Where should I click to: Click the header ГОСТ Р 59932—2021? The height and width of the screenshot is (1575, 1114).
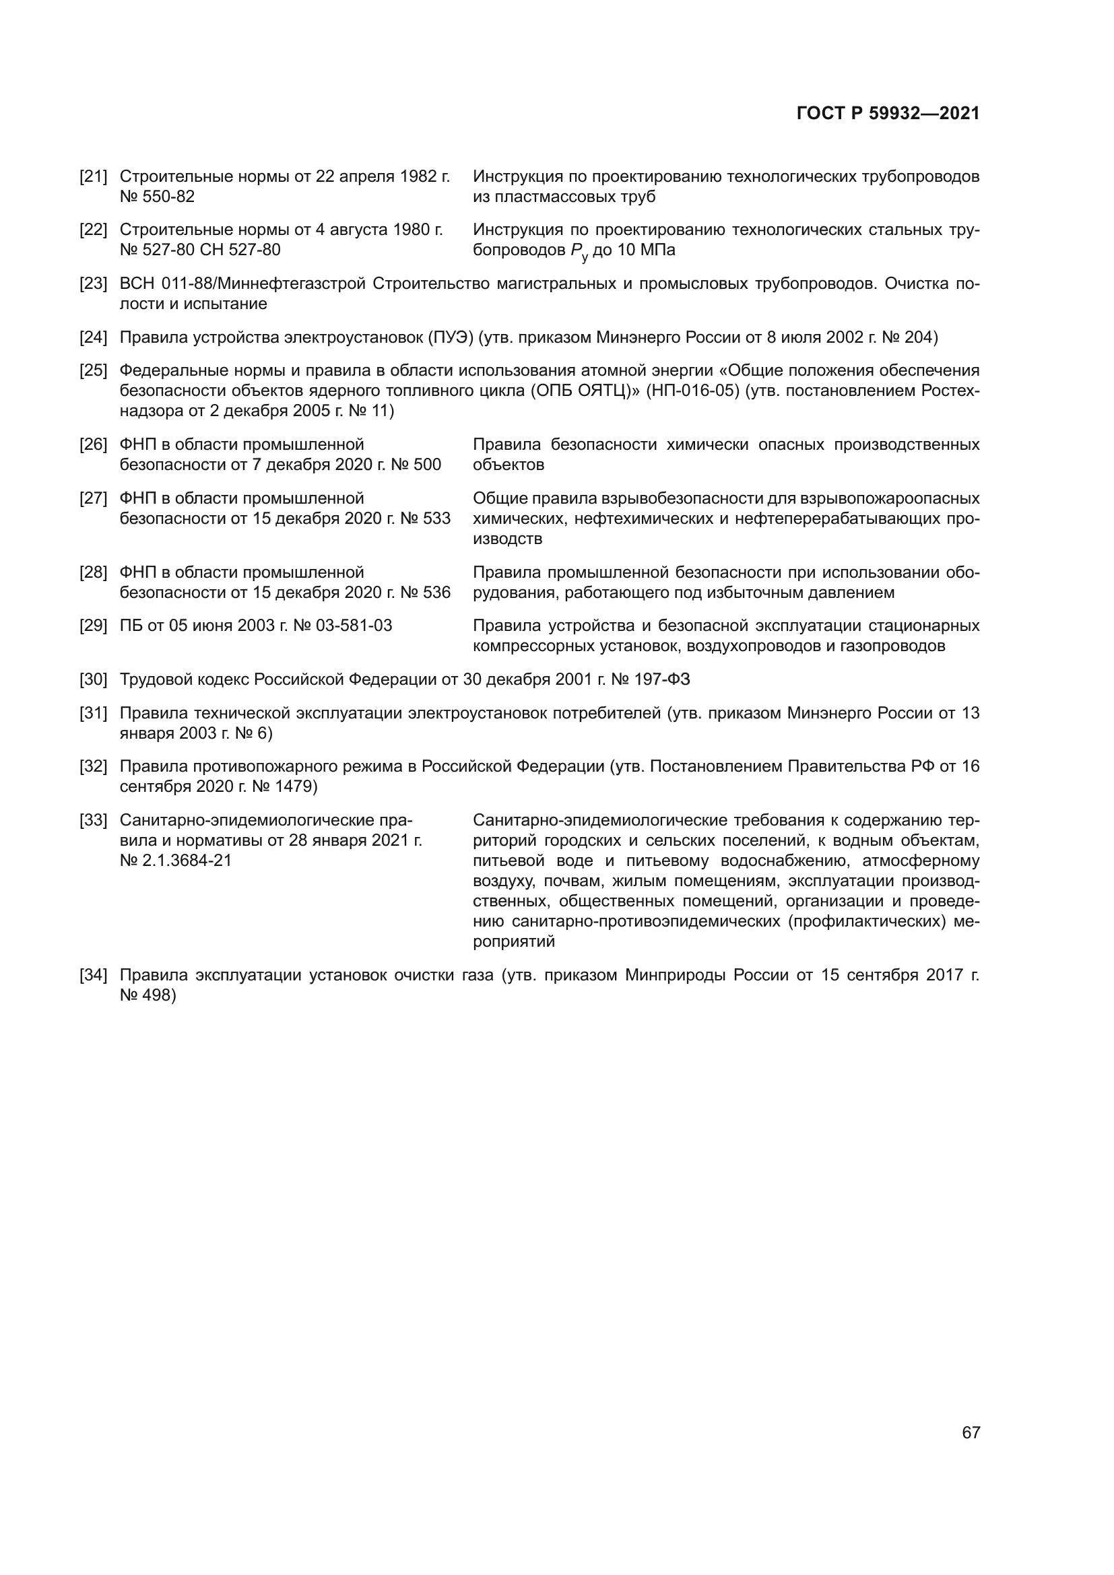888,114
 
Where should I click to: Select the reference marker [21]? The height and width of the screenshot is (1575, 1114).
94,177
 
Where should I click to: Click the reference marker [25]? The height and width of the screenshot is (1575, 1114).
94,371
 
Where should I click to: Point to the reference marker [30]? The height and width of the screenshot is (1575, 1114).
94,680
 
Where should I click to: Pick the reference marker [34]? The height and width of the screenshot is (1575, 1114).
94,976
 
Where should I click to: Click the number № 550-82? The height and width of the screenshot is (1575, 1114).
157,197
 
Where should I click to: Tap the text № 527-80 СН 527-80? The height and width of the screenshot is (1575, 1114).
199,250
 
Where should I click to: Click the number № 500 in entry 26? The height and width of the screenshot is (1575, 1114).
420,465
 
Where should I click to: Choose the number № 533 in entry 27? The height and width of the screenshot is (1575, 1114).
425,518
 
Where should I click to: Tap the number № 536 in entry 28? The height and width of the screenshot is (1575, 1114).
425,593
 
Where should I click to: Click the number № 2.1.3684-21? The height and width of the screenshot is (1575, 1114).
176,860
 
